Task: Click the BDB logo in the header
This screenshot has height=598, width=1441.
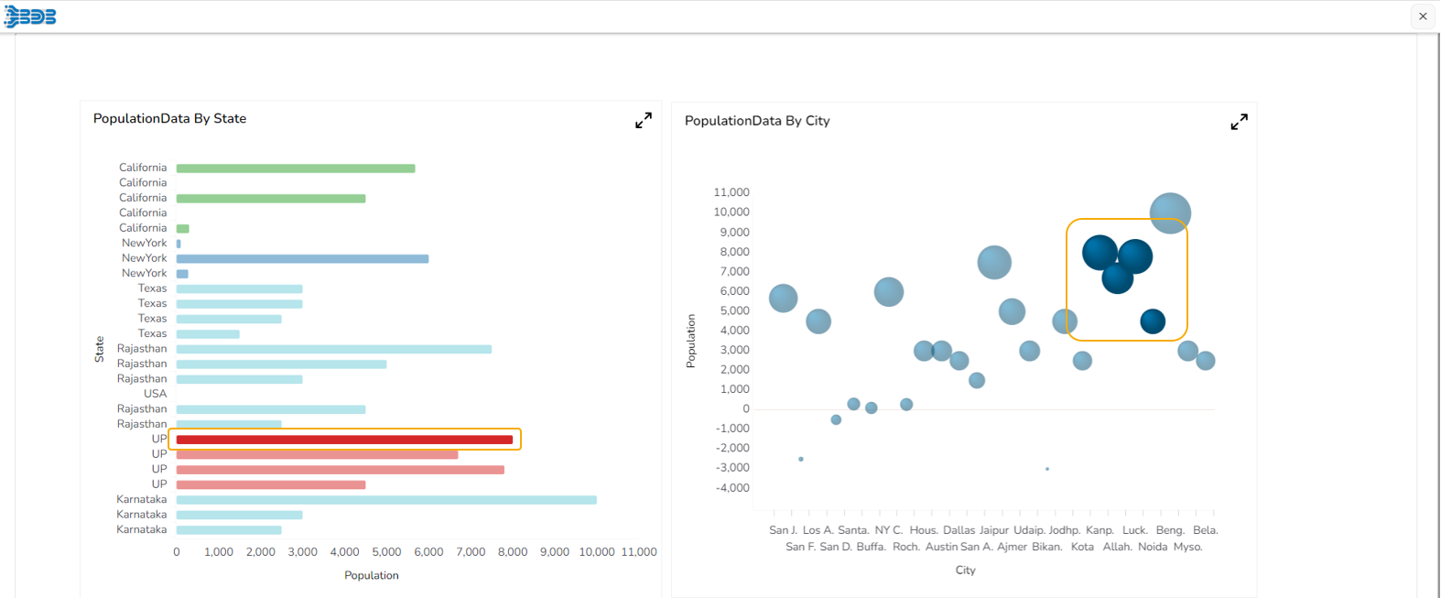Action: (30, 16)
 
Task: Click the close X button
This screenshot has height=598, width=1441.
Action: (1423, 16)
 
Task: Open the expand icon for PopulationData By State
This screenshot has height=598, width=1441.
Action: (644, 120)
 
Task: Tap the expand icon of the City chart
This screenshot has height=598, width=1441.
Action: (1239, 122)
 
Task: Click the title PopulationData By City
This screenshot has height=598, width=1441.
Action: (757, 121)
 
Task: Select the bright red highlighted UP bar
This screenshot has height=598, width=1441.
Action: (344, 440)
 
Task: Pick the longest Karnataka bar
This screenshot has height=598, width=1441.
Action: (386, 500)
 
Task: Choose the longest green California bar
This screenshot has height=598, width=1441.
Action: (296, 169)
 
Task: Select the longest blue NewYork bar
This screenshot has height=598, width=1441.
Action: (302, 259)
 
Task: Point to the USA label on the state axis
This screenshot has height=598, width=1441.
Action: (155, 394)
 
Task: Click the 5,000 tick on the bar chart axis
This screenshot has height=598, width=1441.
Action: (386, 552)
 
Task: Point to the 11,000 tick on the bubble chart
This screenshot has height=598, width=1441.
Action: (731, 192)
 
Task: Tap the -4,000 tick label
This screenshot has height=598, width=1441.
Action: (732, 487)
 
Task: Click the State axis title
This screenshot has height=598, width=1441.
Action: (99, 349)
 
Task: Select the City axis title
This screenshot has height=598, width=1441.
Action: (965, 570)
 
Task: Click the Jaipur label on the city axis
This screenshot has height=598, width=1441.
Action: (994, 530)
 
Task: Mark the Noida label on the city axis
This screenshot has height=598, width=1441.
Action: (1153, 547)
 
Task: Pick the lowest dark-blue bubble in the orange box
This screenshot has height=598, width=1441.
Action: (1153, 321)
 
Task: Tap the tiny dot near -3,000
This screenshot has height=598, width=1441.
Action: (1047, 469)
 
